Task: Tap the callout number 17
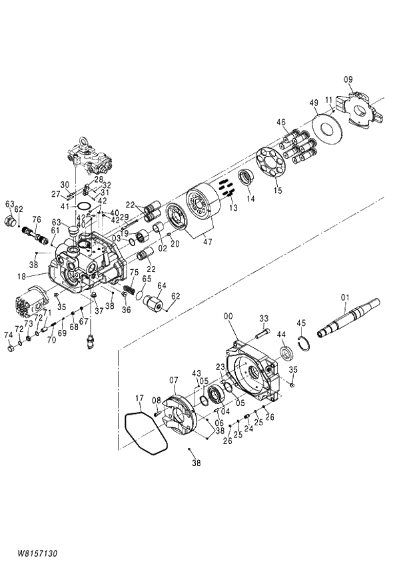pos(139,401)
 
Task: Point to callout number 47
pos(208,242)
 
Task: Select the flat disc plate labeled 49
pos(327,126)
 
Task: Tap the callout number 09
pos(348,80)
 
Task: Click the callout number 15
pos(278,191)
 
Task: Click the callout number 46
pos(281,122)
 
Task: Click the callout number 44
pos(281,334)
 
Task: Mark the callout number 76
pos(37,219)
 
